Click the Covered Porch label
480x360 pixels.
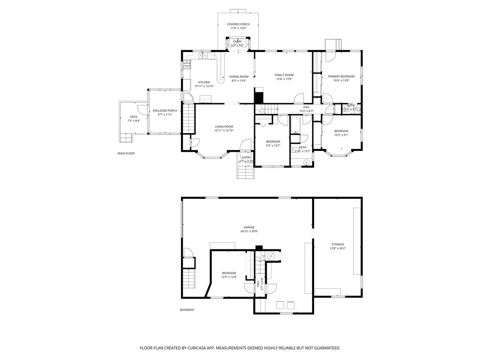pyautogui.click(x=238, y=24)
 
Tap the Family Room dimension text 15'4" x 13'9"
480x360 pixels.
pyautogui.click(x=284, y=79)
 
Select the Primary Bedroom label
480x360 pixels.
pyautogui.click(x=341, y=76)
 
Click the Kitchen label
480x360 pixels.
pyautogui.click(x=204, y=82)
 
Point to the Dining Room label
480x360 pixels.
pyautogui.click(x=239, y=76)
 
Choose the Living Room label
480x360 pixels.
pyautogui.click(x=224, y=127)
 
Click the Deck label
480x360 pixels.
pyautogui.click(x=134, y=117)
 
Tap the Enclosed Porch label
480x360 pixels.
pyautogui.click(x=165, y=111)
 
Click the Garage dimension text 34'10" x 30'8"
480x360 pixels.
pyautogui.click(x=249, y=231)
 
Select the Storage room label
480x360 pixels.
pyautogui.click(x=337, y=244)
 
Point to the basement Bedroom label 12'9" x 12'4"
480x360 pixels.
pyautogui.click(x=229, y=273)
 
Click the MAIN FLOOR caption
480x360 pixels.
pyautogui.click(x=126, y=153)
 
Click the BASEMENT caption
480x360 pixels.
pyautogui.click(x=187, y=310)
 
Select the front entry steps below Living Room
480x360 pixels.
pyautogui.click(x=246, y=172)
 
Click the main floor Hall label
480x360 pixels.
pyautogui.click(x=306, y=107)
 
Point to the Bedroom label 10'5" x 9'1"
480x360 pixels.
pyautogui.click(x=341, y=131)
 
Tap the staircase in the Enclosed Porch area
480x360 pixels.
pyautogui.click(x=188, y=119)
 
